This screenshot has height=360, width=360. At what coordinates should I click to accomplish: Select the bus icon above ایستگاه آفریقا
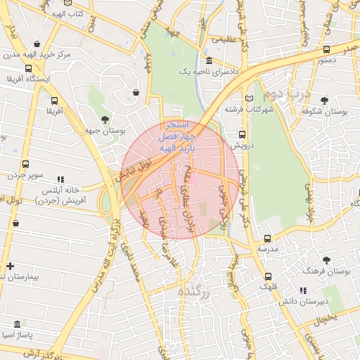point(27,69)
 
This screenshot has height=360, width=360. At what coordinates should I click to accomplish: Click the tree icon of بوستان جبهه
point(105,119)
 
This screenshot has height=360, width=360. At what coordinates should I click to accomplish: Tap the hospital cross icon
point(10,266)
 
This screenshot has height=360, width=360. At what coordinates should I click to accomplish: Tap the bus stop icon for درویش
point(242,134)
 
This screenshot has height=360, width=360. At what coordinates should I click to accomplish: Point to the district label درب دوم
point(284,92)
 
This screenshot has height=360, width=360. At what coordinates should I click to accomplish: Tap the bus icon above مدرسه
point(267,239)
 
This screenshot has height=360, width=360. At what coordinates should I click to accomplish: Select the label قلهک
point(268,286)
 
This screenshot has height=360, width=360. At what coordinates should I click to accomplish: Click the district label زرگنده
point(195,291)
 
